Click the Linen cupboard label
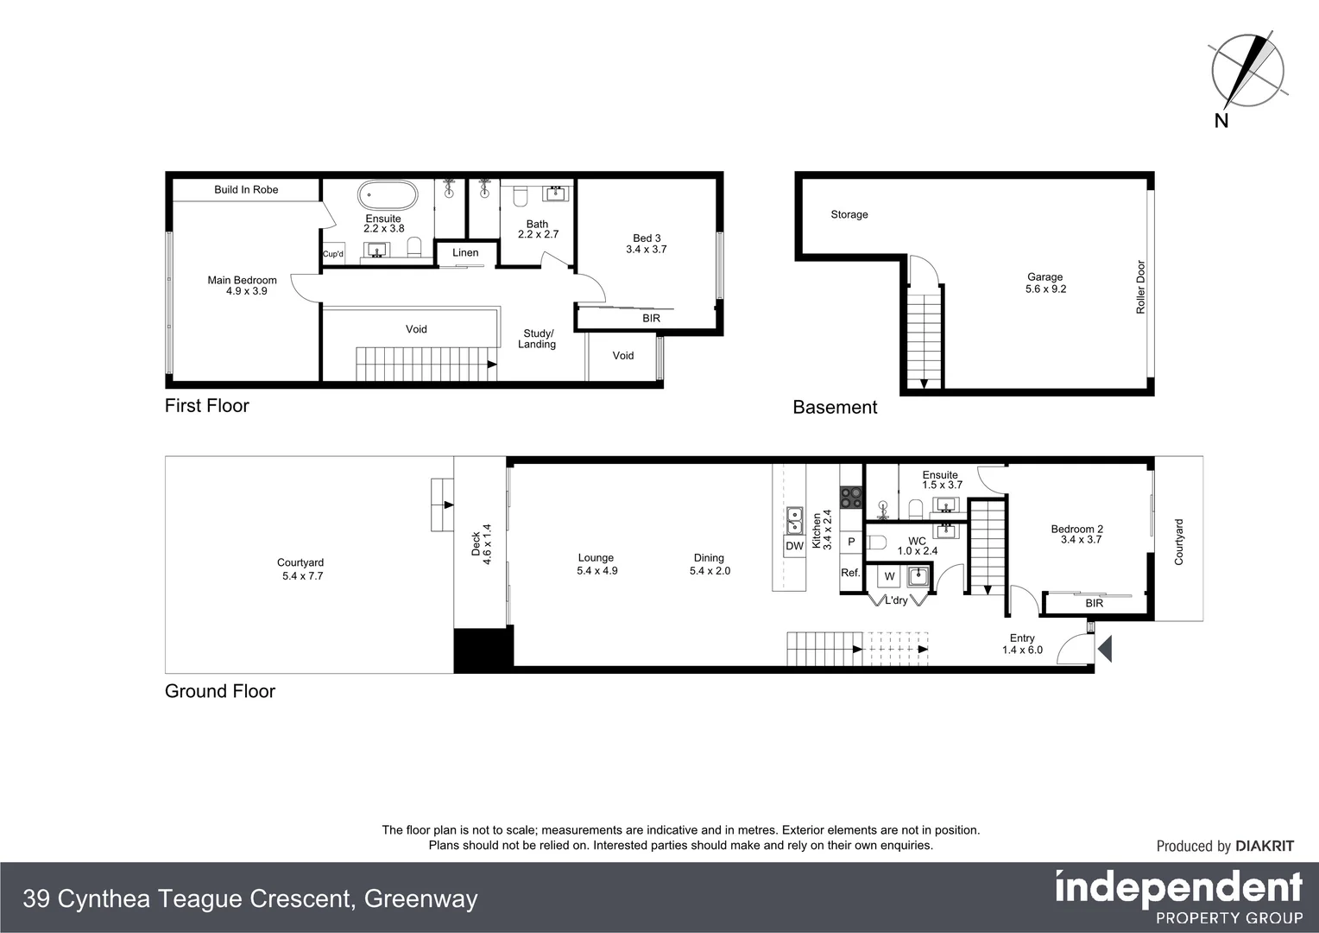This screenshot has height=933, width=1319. [465, 253]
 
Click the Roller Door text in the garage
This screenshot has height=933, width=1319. [1140, 287]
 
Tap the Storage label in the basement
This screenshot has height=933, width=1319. [849, 214]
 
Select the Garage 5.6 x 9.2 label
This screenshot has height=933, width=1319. [1045, 283]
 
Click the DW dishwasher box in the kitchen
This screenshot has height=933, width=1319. [794, 546]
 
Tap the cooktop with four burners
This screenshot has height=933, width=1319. [851, 497]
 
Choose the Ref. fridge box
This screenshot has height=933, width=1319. [850, 573]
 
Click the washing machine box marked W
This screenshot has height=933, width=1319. [890, 576]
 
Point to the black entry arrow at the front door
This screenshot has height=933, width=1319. [1104, 648]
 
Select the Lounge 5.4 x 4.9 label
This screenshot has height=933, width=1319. [596, 564]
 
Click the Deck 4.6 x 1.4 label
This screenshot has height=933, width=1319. [481, 544]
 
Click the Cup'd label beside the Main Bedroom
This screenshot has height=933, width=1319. [333, 254]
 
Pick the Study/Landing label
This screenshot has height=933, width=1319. [537, 339]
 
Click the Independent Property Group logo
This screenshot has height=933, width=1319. [1178, 897]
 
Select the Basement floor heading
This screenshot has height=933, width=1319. [835, 408]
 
